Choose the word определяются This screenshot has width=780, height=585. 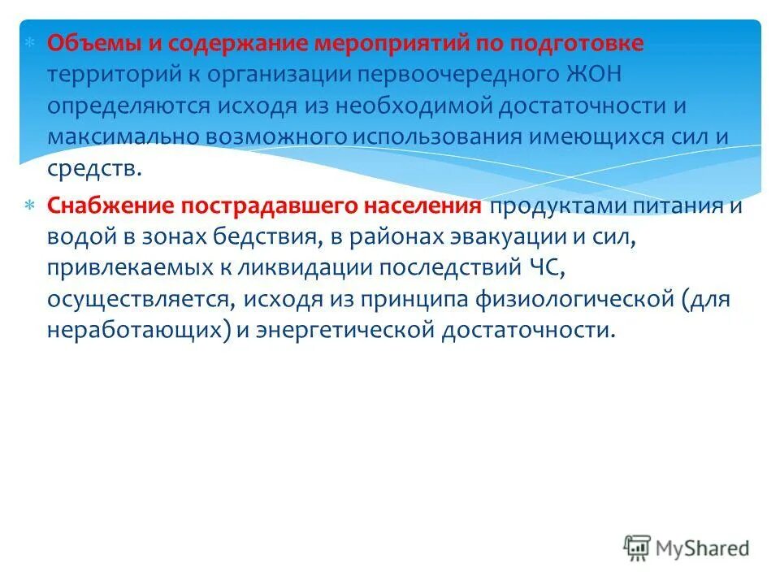(128, 106)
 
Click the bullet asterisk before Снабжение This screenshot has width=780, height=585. (29, 206)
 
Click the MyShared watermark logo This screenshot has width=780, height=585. (687, 547)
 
